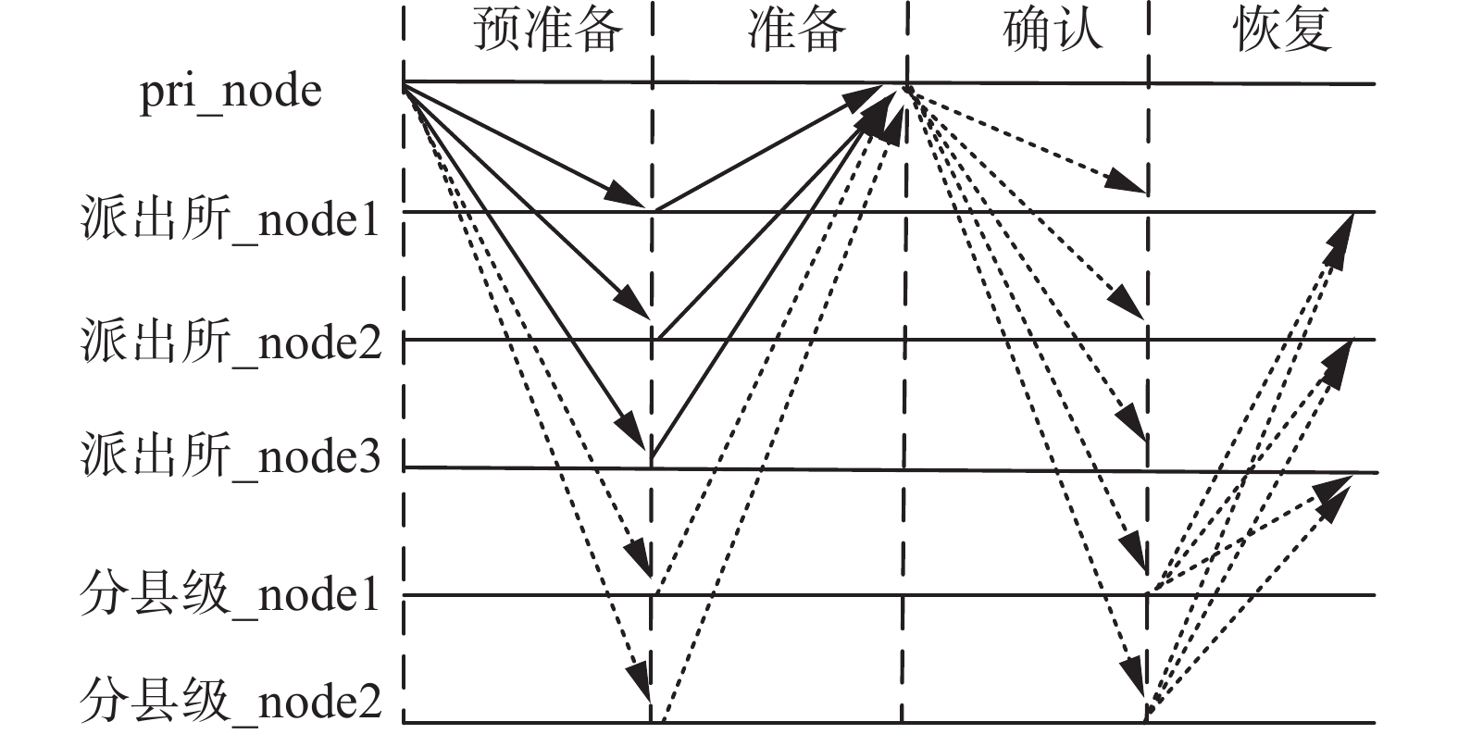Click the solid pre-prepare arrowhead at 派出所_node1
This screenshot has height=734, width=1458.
click(x=627, y=197)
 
